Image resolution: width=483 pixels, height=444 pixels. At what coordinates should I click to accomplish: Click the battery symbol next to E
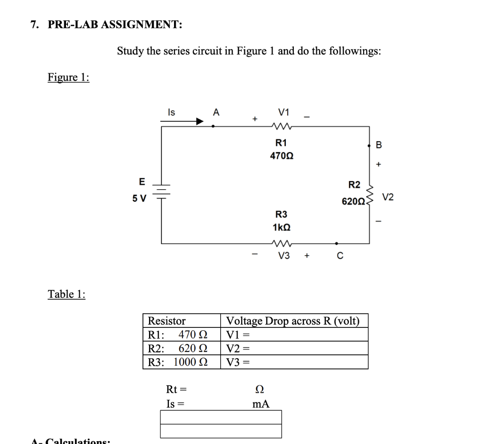pos(162,191)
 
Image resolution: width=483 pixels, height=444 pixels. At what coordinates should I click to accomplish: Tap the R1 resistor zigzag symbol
pos(282,126)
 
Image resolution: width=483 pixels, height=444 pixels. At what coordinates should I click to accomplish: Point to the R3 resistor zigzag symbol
pos(282,244)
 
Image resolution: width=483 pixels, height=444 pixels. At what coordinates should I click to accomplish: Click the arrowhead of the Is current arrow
pos(200,121)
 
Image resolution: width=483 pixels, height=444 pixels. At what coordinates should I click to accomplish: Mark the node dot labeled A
pos(214,126)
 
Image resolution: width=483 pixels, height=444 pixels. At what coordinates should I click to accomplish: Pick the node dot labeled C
pos(336,244)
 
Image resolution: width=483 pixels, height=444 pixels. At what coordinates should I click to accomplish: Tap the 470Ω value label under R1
pos(282,155)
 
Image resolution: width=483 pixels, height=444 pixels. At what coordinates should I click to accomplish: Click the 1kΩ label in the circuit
pos(282,227)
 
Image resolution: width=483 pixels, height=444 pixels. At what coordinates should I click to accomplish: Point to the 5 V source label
pos(139,198)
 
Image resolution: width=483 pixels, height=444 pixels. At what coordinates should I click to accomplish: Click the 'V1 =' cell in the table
pos(293,335)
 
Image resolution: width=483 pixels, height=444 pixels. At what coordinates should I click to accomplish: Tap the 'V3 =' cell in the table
pos(293,362)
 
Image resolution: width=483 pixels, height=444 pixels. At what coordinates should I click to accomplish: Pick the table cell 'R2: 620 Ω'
pos(182,349)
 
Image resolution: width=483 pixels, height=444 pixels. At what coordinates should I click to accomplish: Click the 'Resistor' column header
pos(167,321)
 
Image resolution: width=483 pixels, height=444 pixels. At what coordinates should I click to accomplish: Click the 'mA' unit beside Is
pos(261,404)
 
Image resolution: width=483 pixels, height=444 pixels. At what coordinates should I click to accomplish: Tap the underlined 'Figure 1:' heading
pos(68,77)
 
